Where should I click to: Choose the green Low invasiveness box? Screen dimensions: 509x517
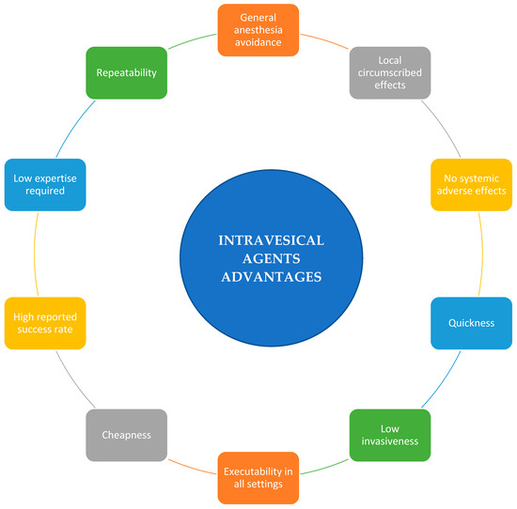tap(390, 434)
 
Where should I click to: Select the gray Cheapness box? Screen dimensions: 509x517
tap(127, 435)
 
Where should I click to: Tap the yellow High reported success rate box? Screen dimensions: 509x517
tap(44, 323)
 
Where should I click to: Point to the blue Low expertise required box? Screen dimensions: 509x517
tap(44, 183)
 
